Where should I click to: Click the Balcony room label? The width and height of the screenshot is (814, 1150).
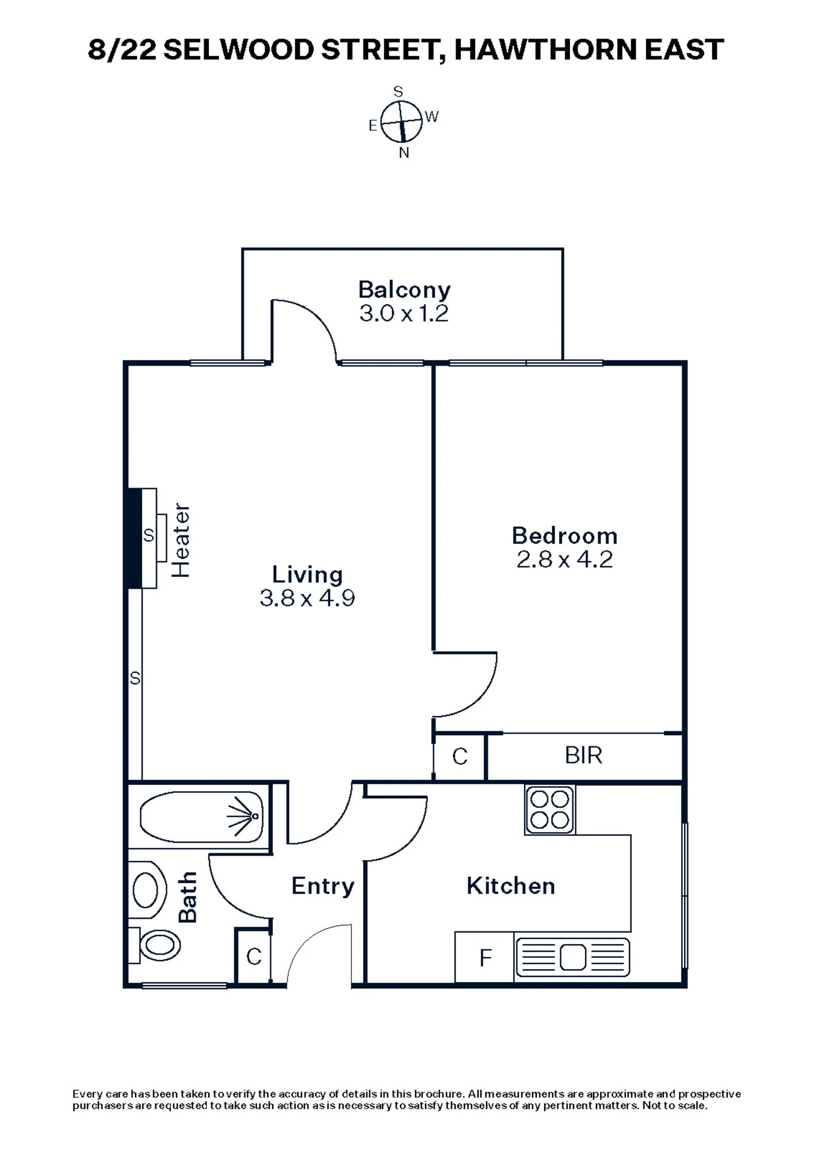click(404, 290)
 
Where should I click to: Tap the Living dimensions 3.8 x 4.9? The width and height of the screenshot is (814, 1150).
click(307, 599)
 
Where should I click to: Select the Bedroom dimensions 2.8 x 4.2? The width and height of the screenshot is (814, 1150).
click(564, 559)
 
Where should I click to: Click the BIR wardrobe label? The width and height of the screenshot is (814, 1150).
click(583, 756)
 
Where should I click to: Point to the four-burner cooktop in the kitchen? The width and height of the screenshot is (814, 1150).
click(549, 809)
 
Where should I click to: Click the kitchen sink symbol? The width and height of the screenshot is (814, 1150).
click(572, 957)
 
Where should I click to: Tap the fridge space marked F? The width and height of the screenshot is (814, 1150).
click(485, 958)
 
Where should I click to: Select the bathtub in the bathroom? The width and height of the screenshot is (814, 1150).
click(201, 816)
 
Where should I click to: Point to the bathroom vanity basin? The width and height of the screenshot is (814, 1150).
click(146, 890)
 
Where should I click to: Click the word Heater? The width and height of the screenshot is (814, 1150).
click(181, 540)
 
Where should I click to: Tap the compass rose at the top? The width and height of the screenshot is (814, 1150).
click(402, 121)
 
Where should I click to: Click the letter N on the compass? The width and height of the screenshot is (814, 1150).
click(404, 153)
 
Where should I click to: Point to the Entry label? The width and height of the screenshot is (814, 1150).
click(322, 886)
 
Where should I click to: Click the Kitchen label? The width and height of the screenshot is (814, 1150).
click(510, 886)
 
